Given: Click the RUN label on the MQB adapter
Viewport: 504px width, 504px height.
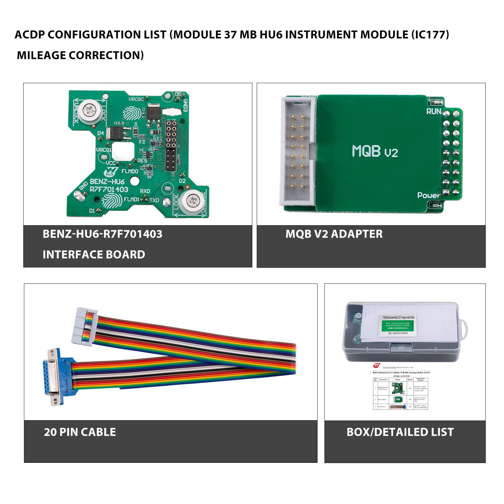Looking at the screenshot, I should pos(433,111).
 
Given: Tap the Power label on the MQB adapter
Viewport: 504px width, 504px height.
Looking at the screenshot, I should pos(429,195).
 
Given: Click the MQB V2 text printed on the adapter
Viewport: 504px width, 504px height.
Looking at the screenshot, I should pos(375,152).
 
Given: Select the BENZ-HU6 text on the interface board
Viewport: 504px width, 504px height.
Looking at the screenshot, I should pos(107,182).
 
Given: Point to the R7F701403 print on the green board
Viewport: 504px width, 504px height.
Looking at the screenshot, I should pos(109,189).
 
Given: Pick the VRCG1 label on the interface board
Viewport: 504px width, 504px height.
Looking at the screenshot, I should pos(104,150).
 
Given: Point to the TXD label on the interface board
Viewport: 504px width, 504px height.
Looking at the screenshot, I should pos(154,200).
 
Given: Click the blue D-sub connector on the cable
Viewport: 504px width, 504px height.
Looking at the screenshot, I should pos(55,376).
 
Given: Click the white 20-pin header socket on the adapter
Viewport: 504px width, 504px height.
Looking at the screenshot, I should pos(298,152).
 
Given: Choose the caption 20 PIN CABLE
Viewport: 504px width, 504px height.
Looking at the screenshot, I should pos(80,432).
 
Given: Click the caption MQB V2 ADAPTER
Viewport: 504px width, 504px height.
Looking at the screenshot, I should pos(334,234).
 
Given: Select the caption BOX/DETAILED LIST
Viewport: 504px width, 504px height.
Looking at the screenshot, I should pos(400,432).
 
